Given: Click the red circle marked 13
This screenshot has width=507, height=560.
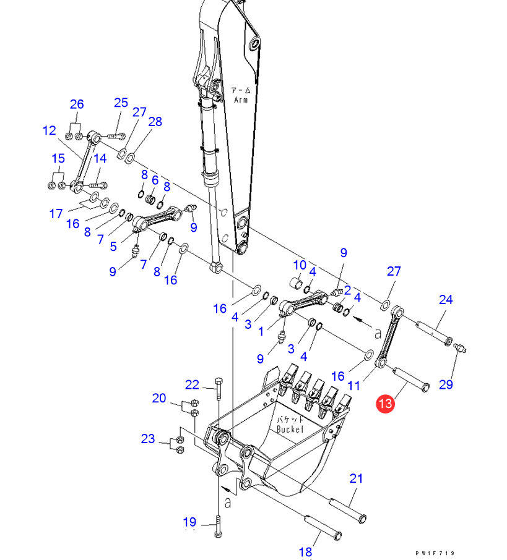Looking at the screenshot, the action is pyautogui.click(x=385, y=404).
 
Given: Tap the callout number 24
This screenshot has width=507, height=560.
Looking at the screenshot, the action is pyautogui.click(x=446, y=300).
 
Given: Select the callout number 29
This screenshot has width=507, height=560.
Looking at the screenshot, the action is pyautogui.click(x=446, y=384).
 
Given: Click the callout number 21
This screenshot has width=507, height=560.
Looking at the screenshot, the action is pyautogui.click(x=356, y=478).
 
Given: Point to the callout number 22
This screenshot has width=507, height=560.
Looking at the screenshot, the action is pyautogui.click(x=192, y=384).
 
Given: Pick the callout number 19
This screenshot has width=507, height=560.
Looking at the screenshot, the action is pyautogui.click(x=189, y=522).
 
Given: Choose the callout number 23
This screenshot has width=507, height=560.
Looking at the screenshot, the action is pyautogui.click(x=148, y=439).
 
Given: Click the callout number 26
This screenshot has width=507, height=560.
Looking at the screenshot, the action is pyautogui.click(x=77, y=104).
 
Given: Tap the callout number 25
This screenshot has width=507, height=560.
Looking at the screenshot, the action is pyautogui.click(x=121, y=103).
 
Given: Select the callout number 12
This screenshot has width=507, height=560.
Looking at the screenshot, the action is pyautogui.click(x=50, y=130).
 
